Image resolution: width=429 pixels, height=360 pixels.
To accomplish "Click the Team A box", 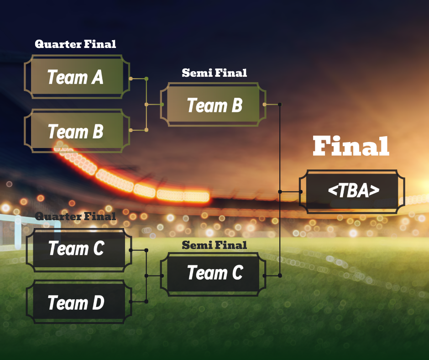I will click(75, 77).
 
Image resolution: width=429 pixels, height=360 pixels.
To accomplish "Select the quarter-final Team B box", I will click(75, 132).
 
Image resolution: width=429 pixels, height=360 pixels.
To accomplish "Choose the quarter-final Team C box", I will click(76, 249).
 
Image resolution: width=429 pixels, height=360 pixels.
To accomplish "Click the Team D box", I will click(76, 302).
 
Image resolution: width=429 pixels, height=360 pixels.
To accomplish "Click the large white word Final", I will click(351, 147).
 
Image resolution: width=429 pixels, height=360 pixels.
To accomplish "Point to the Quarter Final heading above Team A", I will click(75, 44).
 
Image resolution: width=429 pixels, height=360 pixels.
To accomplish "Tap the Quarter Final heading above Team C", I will click(75, 216).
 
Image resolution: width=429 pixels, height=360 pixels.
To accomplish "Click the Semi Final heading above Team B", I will click(214, 73).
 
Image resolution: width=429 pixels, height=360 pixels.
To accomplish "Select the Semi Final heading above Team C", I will click(214, 245).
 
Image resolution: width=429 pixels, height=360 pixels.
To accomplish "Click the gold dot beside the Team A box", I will click(131, 79).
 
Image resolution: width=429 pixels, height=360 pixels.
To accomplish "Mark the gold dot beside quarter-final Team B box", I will click(131, 130).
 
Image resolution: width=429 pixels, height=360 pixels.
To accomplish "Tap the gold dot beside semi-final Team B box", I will click(265, 105).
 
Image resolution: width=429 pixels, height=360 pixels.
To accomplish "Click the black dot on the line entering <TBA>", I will click(280, 191).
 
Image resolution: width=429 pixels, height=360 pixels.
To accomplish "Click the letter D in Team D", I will click(97, 302).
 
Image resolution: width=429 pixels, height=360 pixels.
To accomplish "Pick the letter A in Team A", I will click(97, 77).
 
